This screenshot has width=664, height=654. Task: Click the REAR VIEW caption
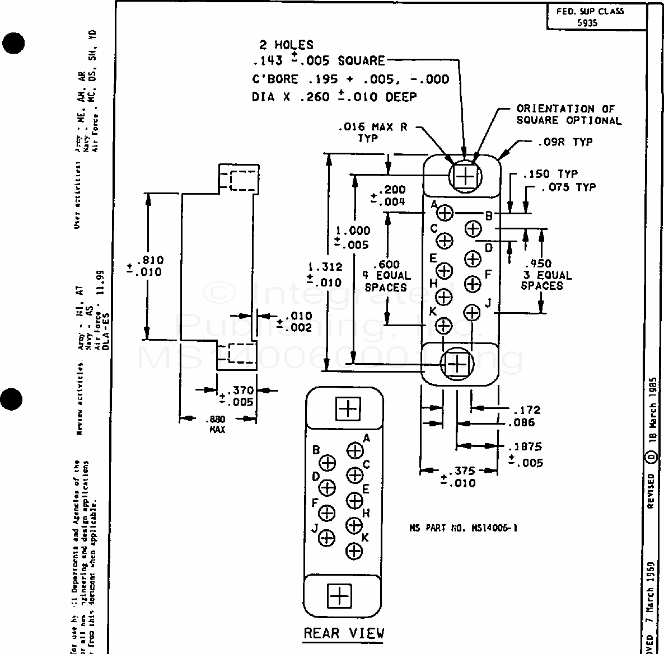(344, 633)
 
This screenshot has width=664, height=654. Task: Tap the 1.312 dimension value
(325, 267)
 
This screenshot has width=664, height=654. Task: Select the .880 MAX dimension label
(217, 424)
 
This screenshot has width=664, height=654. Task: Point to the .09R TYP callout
(566, 142)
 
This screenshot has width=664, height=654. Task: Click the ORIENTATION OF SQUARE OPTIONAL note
(568, 115)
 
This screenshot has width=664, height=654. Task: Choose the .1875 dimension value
(525, 447)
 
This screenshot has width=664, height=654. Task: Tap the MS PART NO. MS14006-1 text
(463, 527)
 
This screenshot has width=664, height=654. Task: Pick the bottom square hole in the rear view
(339, 596)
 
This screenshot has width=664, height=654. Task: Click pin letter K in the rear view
(366, 538)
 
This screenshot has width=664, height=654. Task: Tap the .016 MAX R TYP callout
(372, 132)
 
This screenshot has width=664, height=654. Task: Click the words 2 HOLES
(286, 45)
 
